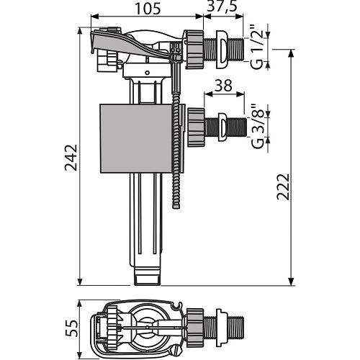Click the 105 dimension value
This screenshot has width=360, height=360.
coord(148,9)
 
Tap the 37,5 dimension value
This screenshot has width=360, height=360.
coord(222,6)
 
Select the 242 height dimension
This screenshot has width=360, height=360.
coord(71,158)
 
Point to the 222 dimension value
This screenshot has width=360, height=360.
coord(284,186)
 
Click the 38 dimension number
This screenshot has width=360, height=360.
coord(223,86)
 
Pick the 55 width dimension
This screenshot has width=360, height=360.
coord(71,328)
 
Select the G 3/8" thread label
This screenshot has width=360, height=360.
coord(258,127)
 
